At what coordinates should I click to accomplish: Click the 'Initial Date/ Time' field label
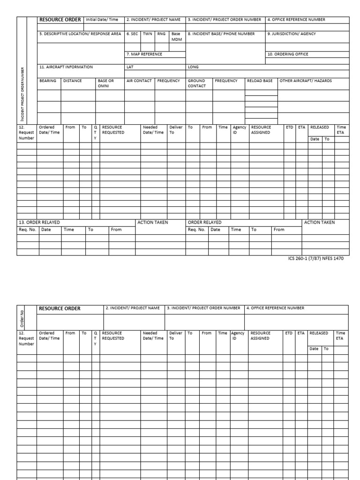tap(102, 20)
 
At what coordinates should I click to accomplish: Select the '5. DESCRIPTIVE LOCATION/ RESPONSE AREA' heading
tap(80, 34)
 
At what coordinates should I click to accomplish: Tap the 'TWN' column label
tap(147, 34)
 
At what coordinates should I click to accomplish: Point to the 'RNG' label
tap(161, 34)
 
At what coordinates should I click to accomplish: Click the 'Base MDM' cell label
tap(176, 37)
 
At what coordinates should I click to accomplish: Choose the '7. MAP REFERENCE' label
tap(144, 54)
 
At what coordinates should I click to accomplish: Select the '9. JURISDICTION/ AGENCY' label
tap(292, 34)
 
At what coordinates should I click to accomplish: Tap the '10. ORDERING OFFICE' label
tap(288, 54)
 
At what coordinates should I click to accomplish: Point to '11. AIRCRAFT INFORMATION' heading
tap(66, 67)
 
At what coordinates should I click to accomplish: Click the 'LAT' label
tap(130, 67)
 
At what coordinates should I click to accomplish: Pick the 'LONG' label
tap(193, 67)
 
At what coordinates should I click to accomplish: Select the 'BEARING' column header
tap(48, 81)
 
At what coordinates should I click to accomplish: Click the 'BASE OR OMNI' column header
tap(106, 83)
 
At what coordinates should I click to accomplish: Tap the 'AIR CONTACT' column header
tap(139, 81)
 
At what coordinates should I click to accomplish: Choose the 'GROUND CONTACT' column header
tap(197, 83)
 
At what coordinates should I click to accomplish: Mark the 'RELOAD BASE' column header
tap(260, 81)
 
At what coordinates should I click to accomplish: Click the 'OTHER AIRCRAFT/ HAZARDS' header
tap(306, 81)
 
